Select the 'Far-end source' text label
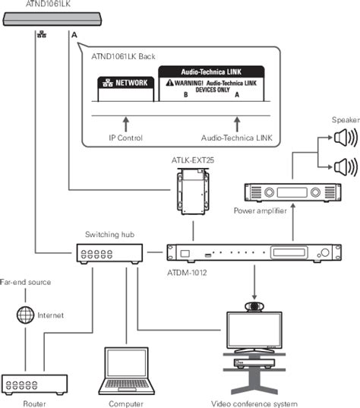point(25,282)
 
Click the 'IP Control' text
point(125,138)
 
